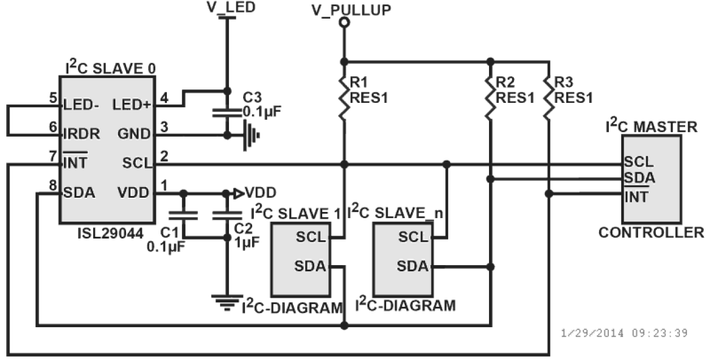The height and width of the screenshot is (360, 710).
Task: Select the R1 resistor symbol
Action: pos(343,97)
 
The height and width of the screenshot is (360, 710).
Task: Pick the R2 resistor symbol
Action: pos(490,97)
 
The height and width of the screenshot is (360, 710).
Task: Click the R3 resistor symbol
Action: pos(548,97)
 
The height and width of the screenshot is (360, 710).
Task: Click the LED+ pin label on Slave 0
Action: pos(132,105)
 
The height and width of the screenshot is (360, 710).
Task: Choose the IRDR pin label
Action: pos(82,134)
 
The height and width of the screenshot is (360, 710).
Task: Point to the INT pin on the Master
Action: pos(637,197)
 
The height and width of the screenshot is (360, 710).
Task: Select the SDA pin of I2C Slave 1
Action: pos(310,266)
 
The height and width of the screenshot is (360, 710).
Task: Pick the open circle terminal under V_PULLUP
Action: pos(343,23)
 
